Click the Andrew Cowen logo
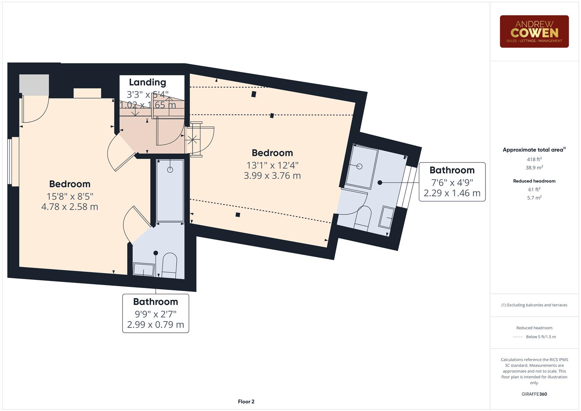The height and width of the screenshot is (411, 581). (534, 32)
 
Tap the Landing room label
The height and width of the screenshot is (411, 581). (147, 82)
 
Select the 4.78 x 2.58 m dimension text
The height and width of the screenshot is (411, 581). (70, 207)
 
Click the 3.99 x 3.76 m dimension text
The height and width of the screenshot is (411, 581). (272, 175)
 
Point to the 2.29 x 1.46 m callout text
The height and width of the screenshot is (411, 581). (452, 193)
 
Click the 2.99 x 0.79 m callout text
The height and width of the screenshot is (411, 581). (155, 325)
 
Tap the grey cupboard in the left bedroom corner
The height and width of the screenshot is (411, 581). (34, 84)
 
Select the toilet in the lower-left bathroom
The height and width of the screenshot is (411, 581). (169, 265)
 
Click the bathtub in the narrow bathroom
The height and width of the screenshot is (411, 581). (170, 190)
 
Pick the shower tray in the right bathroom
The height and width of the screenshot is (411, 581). (362, 167)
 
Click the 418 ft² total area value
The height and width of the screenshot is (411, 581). (534, 159)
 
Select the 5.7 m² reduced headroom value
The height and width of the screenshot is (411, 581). (534, 198)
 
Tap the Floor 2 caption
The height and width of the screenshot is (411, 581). (246, 401)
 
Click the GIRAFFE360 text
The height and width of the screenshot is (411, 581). (534, 394)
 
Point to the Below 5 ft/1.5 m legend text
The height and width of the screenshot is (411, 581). (540, 337)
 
